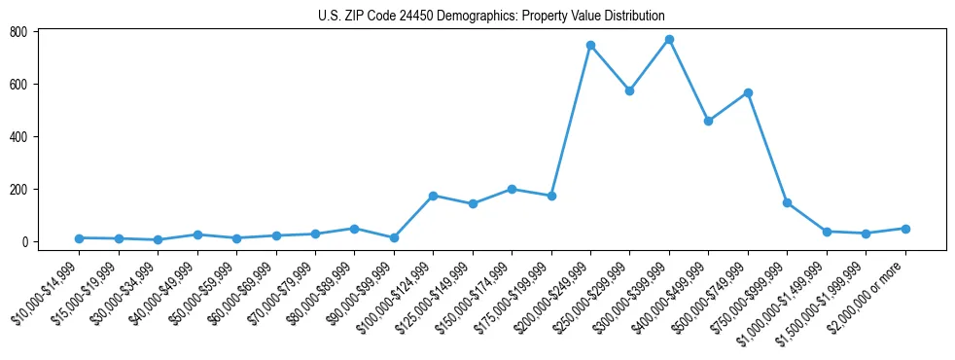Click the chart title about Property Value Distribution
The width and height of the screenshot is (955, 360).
click(x=491, y=16)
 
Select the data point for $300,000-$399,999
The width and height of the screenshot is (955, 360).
click(x=669, y=40)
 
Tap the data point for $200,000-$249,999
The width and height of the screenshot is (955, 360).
click(x=590, y=46)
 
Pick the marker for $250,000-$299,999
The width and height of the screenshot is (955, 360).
click(x=629, y=90)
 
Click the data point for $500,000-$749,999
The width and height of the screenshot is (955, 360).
click(x=748, y=92)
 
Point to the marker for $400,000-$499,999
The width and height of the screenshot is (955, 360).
click(x=708, y=122)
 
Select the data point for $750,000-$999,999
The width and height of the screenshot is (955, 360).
click(x=787, y=202)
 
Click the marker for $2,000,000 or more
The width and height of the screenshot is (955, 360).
click(x=905, y=229)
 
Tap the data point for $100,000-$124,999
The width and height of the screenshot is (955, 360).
click(x=433, y=196)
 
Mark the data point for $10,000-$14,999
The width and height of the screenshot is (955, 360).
click(x=79, y=238)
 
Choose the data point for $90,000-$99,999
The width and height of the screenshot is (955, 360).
click(x=394, y=237)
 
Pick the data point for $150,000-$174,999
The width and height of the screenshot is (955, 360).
click(x=512, y=189)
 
